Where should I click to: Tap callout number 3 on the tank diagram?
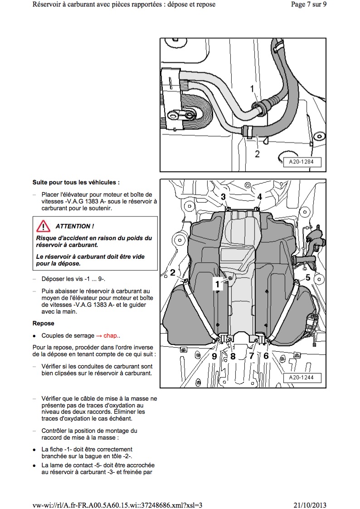(224, 197)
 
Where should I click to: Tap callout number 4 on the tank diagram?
(260, 197)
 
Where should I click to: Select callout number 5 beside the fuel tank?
(307, 277)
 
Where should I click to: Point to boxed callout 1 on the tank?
(218, 284)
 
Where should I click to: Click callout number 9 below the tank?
(214, 356)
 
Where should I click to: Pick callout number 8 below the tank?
(233, 356)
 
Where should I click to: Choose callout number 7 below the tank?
(251, 356)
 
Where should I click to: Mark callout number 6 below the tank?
(266, 356)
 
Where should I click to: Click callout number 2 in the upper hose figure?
(257, 154)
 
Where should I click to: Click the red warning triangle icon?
(44, 226)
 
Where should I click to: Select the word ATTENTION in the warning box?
(75, 226)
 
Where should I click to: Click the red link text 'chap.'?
(112, 336)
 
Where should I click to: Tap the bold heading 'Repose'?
(43, 324)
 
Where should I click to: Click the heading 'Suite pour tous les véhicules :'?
(76, 183)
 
